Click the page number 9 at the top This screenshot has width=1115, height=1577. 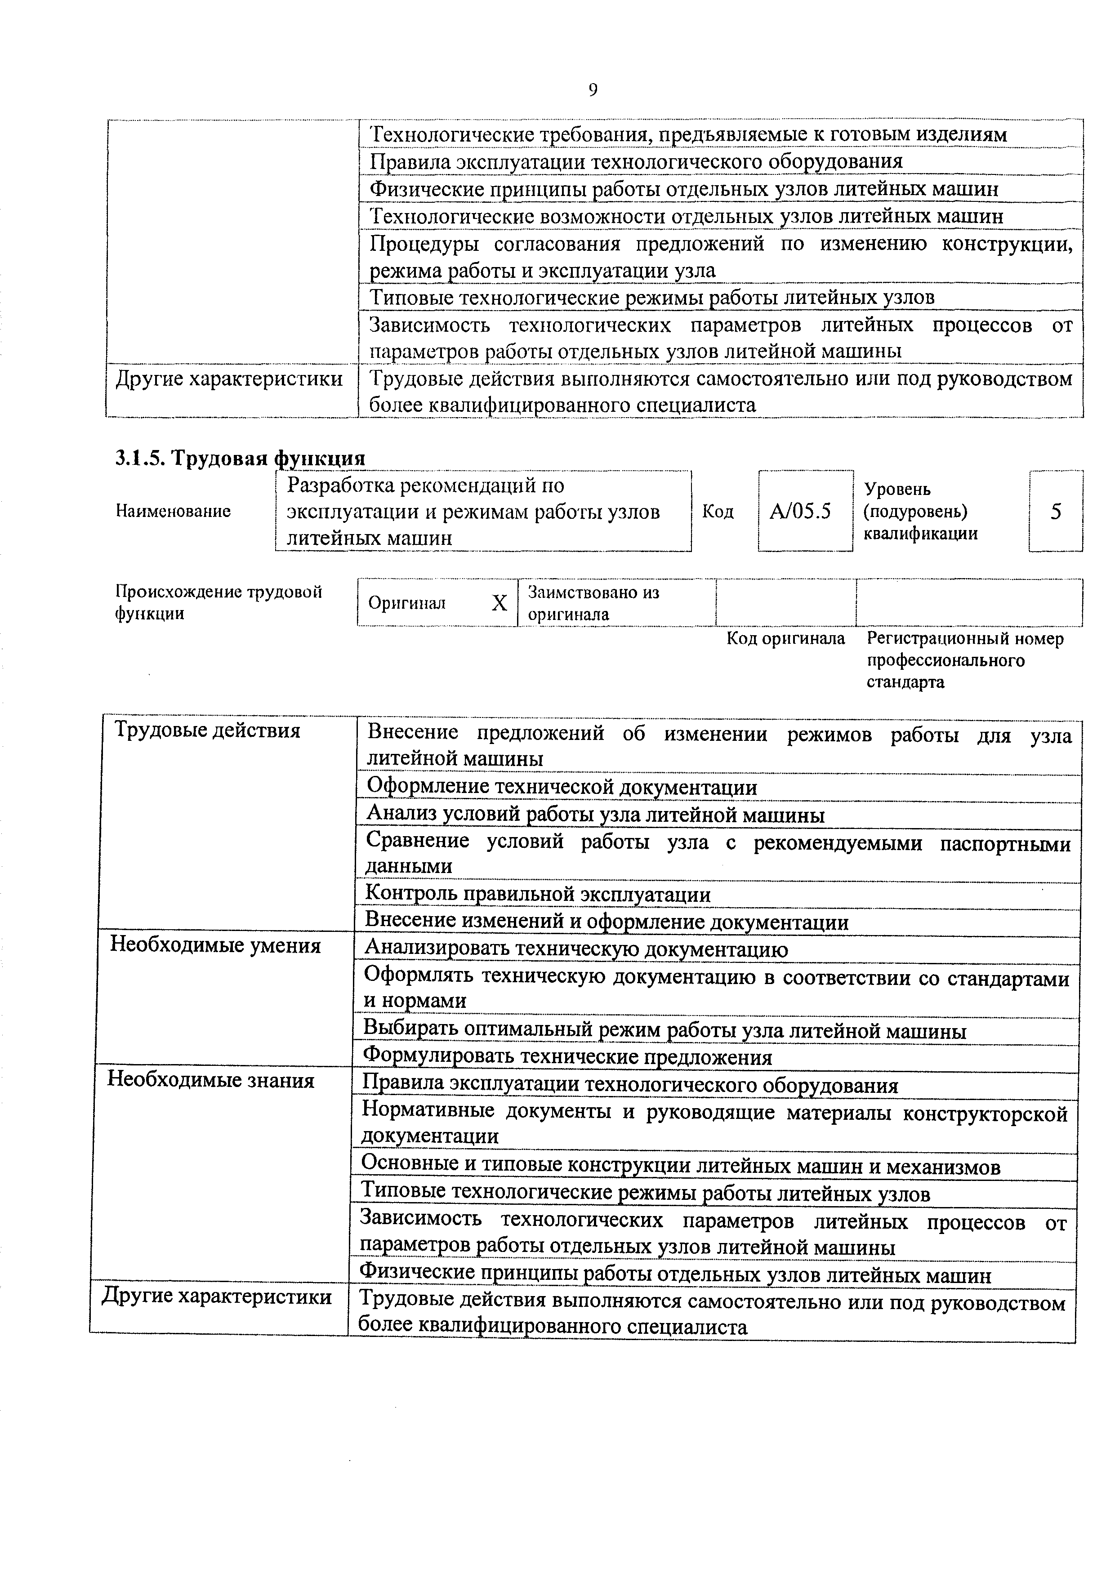[593, 90]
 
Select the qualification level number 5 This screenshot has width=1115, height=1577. [1056, 511]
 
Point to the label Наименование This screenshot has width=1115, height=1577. [173, 511]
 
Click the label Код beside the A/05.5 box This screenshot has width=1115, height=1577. [718, 512]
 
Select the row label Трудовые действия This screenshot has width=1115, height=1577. [207, 730]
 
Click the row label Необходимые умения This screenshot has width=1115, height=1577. [216, 946]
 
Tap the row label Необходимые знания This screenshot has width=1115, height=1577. [211, 1080]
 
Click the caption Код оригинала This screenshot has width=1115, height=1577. [786, 639]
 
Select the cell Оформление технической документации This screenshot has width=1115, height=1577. [561, 787]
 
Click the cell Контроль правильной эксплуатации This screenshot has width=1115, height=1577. [538, 894]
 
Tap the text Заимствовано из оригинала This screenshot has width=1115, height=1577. [593, 602]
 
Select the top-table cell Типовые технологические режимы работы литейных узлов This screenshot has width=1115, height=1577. [652, 298]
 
